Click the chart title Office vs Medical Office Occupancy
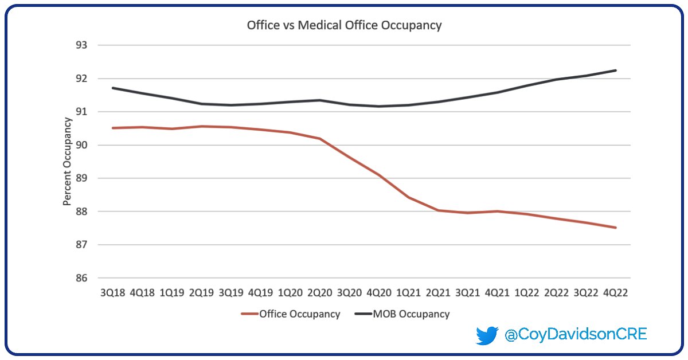click(x=344, y=25)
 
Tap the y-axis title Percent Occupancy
click(x=67, y=161)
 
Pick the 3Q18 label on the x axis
click(x=112, y=292)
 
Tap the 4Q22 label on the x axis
click(x=615, y=292)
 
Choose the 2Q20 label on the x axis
click(x=319, y=292)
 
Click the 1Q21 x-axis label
click(x=408, y=292)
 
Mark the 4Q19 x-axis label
click(x=260, y=292)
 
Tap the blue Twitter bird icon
click(x=487, y=335)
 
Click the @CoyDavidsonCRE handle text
click(x=575, y=335)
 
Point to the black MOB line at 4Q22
click(x=616, y=71)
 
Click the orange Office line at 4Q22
click(x=616, y=228)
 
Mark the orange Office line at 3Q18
click(x=113, y=128)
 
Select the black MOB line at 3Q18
click(x=113, y=88)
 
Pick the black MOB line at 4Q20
click(x=379, y=106)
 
